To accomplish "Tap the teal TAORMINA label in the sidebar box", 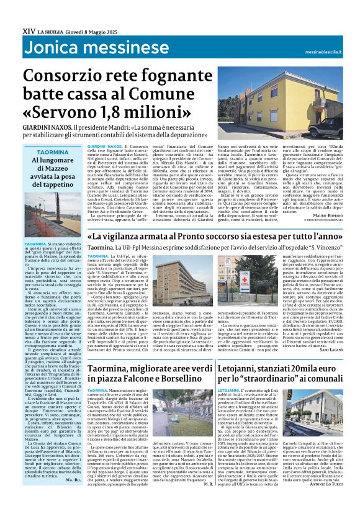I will [52, 152].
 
